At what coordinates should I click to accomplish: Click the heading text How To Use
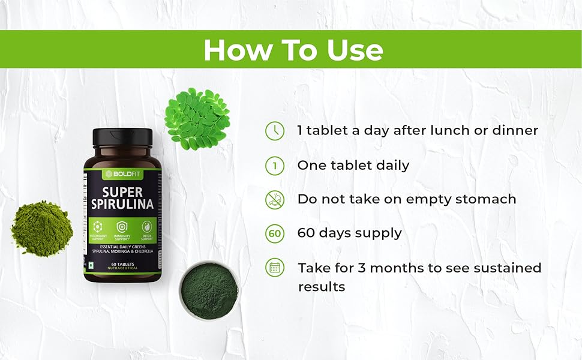(293, 50)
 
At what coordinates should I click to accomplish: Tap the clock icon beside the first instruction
(275, 131)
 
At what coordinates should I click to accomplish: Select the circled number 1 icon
(275, 166)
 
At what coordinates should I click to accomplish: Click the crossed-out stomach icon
(275, 199)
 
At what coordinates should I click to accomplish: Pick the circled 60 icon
(275, 233)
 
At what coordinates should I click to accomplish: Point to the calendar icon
(275, 268)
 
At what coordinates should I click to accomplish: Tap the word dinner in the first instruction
(514, 130)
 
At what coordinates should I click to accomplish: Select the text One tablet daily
(353, 166)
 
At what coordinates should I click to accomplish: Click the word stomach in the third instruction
(488, 200)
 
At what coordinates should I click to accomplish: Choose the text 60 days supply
(350, 233)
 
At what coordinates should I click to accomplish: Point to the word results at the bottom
(322, 287)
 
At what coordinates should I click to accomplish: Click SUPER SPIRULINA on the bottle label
(123, 197)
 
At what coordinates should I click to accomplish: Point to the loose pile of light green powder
(41, 228)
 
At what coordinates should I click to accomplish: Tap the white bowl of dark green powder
(209, 290)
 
